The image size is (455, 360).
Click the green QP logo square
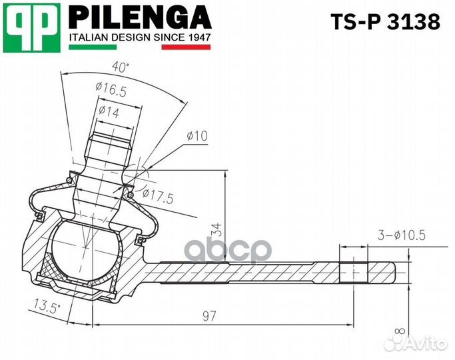31,27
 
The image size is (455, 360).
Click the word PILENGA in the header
140,17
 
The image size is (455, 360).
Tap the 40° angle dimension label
120,67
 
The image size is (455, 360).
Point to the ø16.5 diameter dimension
111,87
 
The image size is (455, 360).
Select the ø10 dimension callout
197,136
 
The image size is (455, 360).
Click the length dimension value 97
209,316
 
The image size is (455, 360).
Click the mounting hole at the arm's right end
353,271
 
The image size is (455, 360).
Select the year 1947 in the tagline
197,37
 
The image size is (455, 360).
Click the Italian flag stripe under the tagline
140,47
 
